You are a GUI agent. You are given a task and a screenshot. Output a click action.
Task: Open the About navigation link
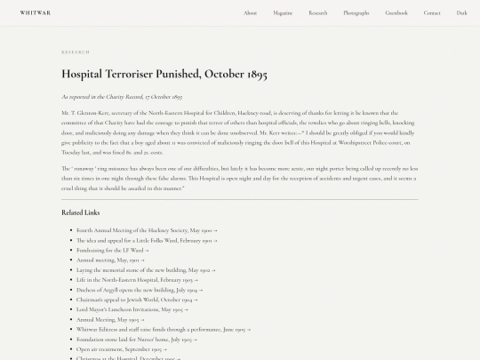click(x=251, y=12)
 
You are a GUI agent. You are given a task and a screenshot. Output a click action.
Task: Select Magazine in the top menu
click(x=283, y=12)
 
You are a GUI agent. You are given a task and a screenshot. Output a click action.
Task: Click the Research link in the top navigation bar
click(x=318, y=12)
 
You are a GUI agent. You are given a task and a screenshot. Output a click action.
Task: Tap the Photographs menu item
click(x=356, y=12)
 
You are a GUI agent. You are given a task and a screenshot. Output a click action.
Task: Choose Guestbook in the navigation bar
click(x=396, y=12)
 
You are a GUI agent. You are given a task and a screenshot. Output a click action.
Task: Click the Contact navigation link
click(x=432, y=12)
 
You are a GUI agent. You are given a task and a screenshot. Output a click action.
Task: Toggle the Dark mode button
click(x=462, y=12)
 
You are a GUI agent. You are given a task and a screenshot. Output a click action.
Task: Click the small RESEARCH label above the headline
click(x=76, y=52)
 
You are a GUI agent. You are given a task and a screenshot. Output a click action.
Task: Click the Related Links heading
click(x=80, y=212)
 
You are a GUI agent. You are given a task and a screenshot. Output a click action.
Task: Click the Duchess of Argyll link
click(x=138, y=290)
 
